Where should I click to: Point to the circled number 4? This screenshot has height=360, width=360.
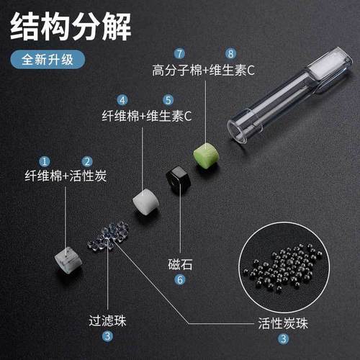tap(123, 101)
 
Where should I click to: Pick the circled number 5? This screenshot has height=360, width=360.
tap(167, 101)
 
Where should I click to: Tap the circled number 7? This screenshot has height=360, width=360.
tap(179, 54)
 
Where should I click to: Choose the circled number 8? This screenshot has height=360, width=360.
tap(230, 54)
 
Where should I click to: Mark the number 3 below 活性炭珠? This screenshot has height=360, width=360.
tap(284, 338)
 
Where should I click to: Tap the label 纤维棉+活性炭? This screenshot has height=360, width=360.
tap(66, 176)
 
